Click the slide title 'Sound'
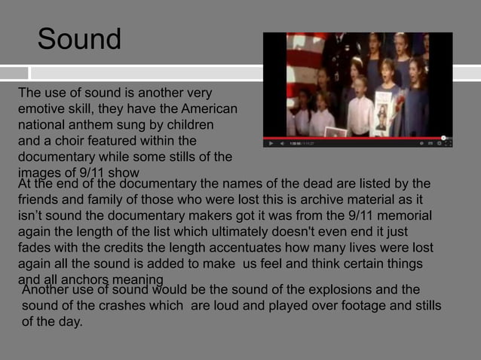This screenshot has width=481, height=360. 79,39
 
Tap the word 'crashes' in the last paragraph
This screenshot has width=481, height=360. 146,306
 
